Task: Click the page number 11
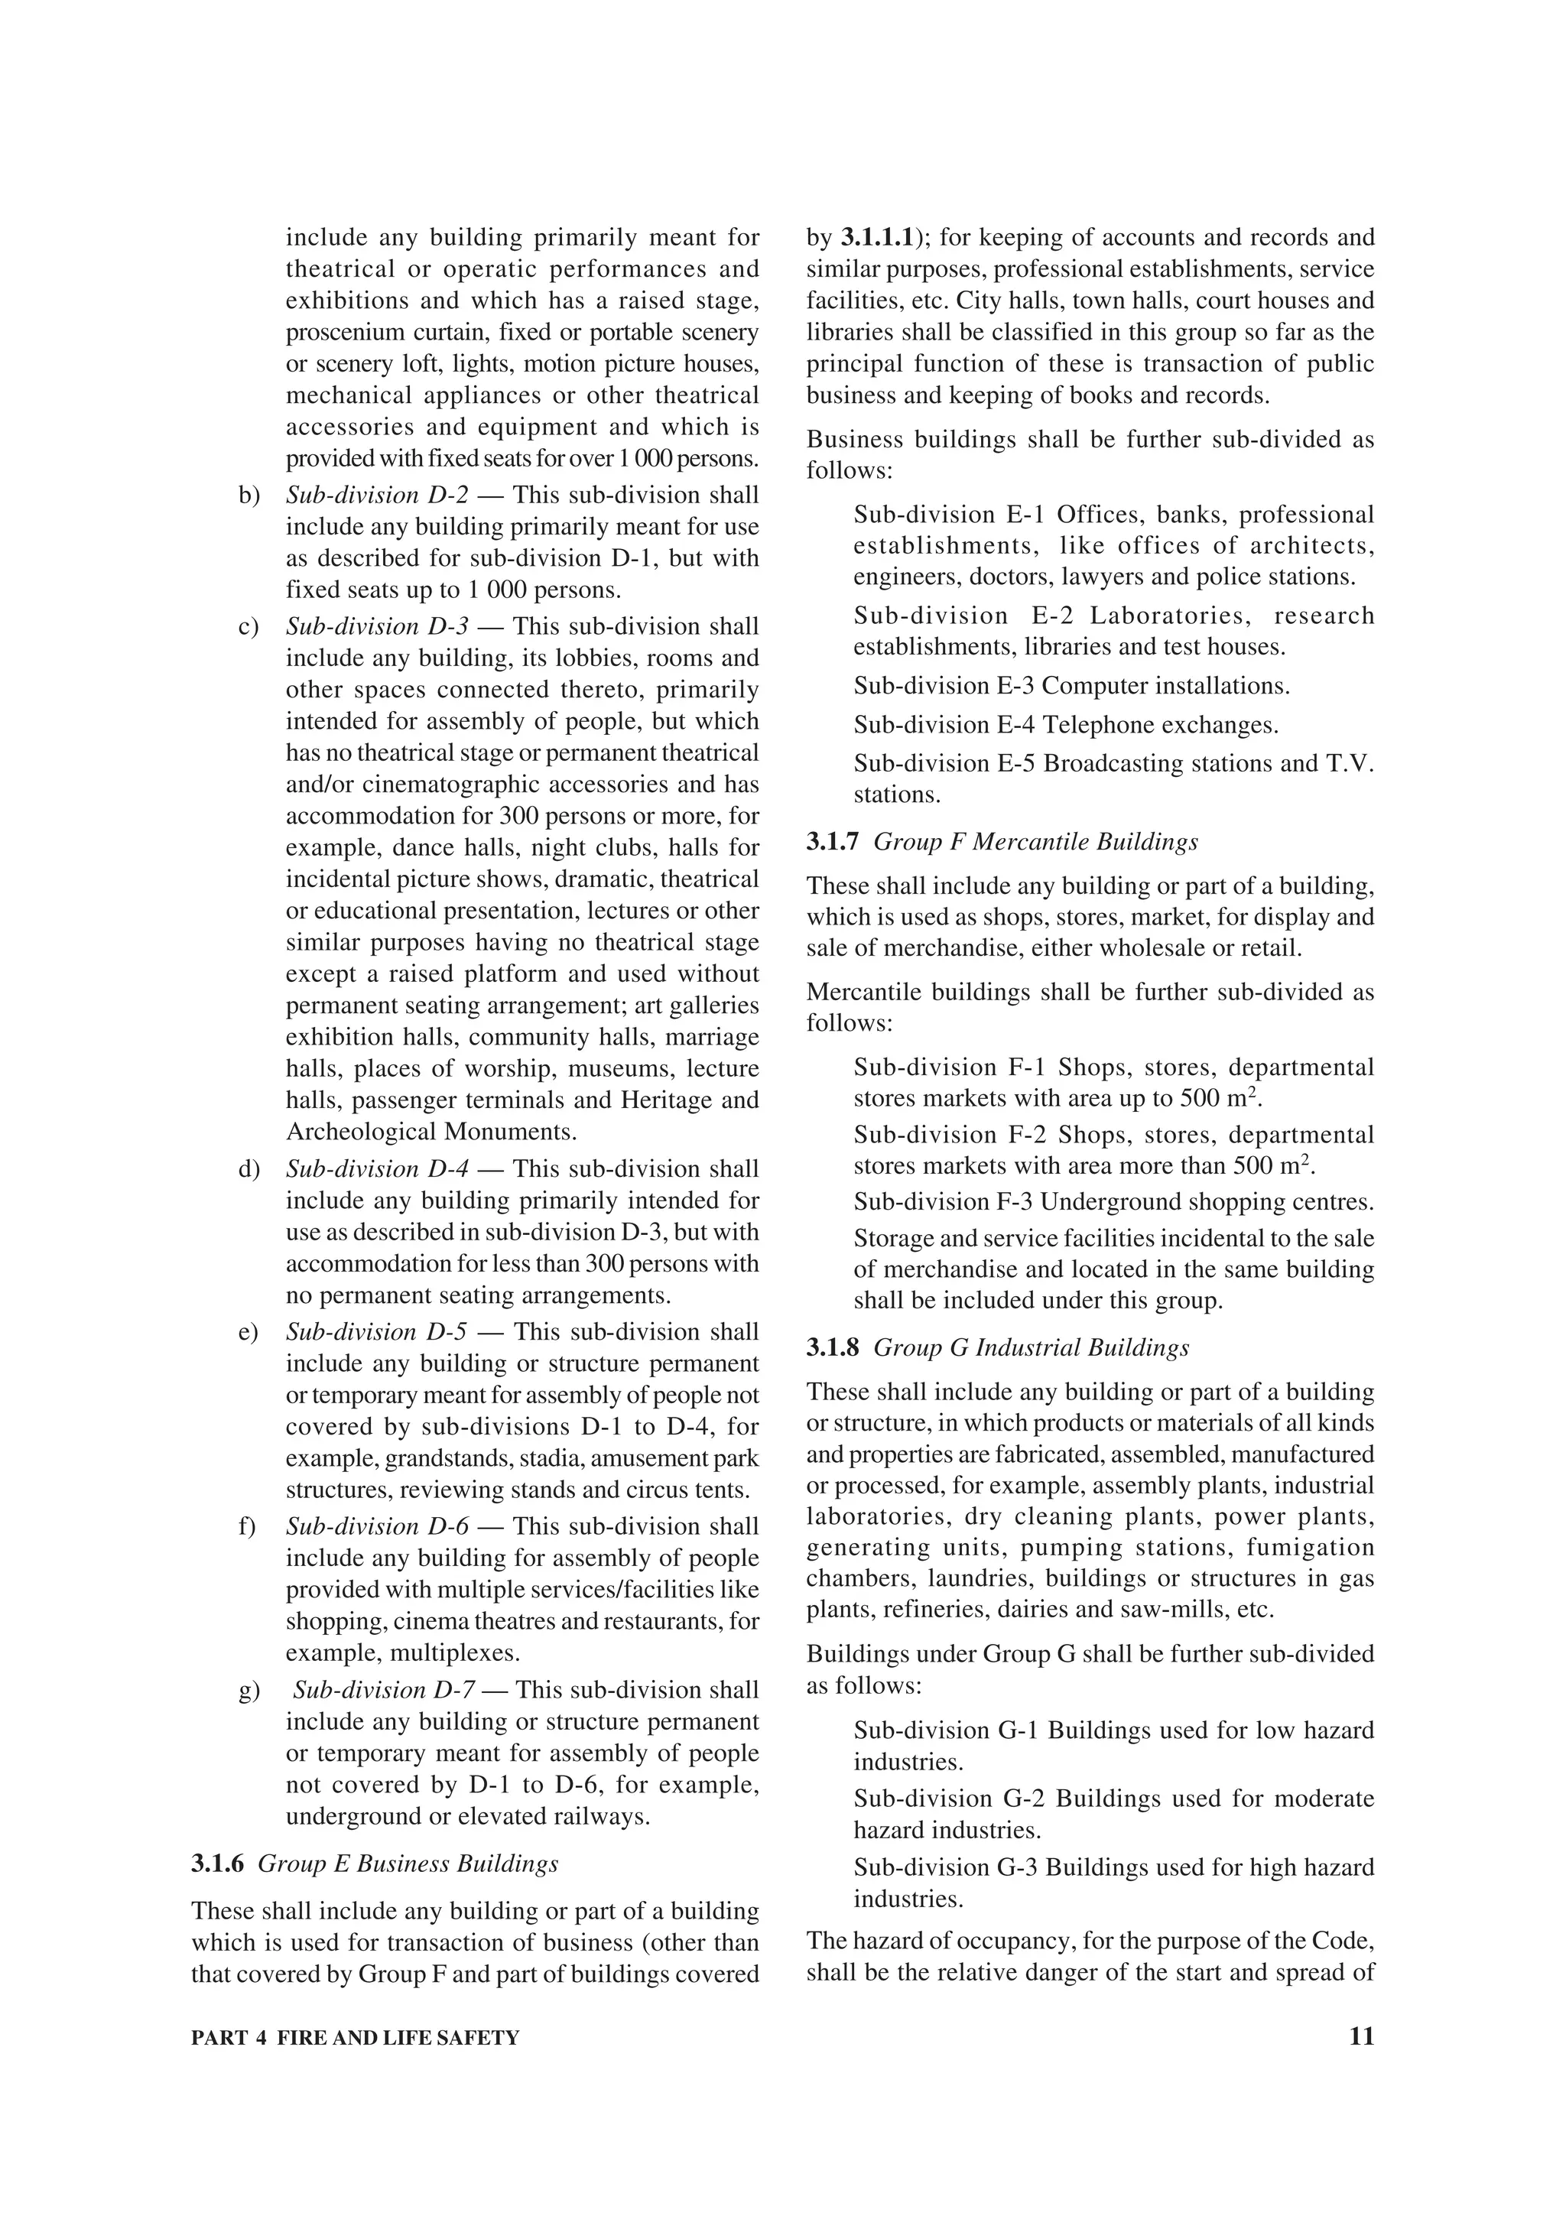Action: click(x=1360, y=2036)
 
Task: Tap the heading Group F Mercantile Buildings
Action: click(x=1035, y=843)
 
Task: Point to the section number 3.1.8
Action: click(x=832, y=1348)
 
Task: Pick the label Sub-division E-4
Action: click(x=944, y=725)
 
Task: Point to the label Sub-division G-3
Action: click(x=946, y=1867)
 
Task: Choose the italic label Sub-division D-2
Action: click(x=376, y=496)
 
